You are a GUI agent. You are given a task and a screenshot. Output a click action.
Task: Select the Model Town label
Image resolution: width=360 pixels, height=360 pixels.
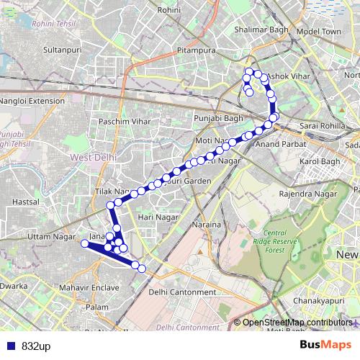(318, 32)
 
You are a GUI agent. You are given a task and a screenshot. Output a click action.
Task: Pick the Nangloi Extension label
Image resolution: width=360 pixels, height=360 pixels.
(33, 101)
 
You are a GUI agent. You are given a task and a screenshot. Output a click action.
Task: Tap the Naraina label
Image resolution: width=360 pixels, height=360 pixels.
(206, 225)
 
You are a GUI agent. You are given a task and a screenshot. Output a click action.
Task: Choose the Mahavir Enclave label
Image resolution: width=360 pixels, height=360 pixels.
(89, 288)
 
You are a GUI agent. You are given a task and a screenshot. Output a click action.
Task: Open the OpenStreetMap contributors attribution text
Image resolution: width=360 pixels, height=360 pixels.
(297, 323)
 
